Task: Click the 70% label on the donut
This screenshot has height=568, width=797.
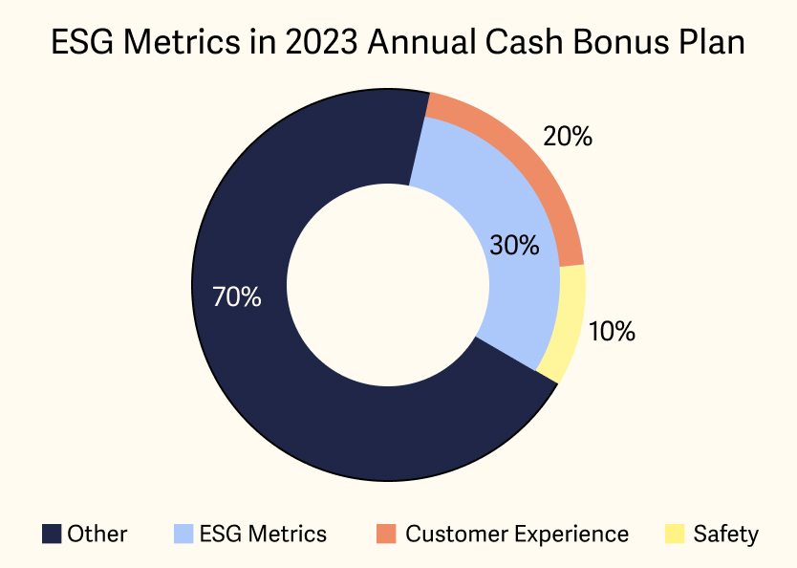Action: tap(236, 297)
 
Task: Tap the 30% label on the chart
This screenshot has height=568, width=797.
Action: tap(514, 246)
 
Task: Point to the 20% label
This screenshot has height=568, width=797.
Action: tap(567, 137)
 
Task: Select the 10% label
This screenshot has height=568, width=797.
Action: tap(612, 332)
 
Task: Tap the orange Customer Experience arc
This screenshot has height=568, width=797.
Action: tap(535, 163)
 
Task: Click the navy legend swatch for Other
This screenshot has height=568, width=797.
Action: tap(51, 534)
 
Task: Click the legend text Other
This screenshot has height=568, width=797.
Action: tap(97, 534)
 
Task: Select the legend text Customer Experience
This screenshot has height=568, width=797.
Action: tap(517, 534)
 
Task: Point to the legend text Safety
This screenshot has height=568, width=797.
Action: tap(726, 534)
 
